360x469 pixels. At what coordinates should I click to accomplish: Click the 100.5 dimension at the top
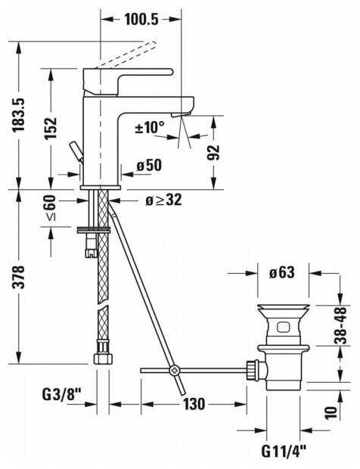click(141, 20)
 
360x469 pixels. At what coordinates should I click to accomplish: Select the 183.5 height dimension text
click(19, 114)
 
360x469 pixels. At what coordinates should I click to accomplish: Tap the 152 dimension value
click(51, 128)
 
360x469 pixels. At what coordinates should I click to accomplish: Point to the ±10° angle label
click(150, 127)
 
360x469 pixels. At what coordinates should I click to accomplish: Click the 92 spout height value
click(213, 153)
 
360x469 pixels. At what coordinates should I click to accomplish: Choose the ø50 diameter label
click(149, 166)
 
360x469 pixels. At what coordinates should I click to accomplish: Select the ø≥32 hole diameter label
click(163, 200)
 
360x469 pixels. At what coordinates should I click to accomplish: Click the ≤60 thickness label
click(50, 208)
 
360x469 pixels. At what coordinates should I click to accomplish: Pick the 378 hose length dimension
click(19, 277)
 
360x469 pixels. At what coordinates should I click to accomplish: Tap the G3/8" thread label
click(62, 395)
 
